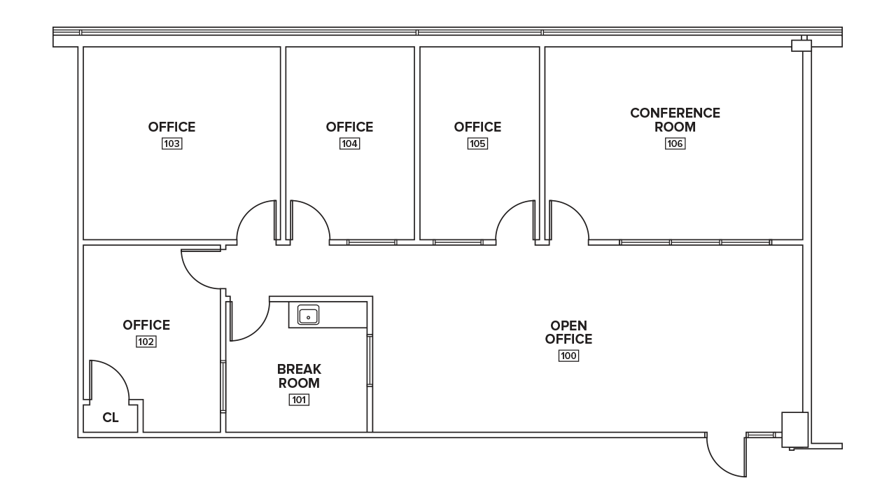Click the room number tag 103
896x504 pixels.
tap(172, 143)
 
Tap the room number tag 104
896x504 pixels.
tap(350, 143)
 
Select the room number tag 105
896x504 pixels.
tap(478, 143)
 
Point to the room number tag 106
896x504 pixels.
tap(675, 143)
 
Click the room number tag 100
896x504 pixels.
tap(568, 356)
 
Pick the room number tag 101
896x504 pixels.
tap(299, 400)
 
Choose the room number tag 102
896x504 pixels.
tap(146, 342)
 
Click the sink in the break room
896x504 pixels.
tap(308, 315)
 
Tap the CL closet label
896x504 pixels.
tap(111, 418)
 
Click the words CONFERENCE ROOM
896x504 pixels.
tap(675, 120)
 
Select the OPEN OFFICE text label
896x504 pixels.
tap(568, 332)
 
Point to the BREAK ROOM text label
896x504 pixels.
tap(299, 376)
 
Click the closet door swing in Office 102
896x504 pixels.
tap(108, 381)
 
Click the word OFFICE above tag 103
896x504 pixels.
tap(172, 127)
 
